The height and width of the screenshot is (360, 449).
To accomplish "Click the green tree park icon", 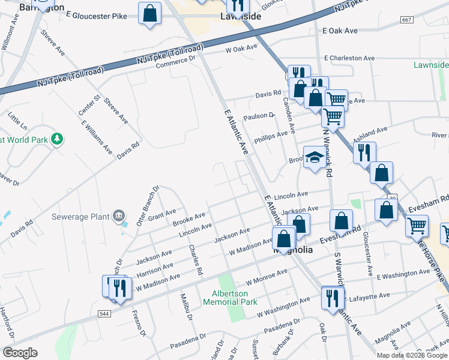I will click(x=57, y=139).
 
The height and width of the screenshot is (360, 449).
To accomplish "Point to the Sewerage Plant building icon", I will click(x=119, y=215).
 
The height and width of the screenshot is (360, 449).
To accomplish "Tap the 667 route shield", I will click(x=407, y=20).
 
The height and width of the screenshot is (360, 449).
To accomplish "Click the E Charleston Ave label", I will click(x=349, y=58).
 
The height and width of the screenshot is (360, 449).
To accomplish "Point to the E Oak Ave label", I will click(x=340, y=31).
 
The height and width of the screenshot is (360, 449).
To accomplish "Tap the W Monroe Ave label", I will click(x=267, y=277).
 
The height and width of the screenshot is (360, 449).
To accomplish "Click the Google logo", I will click(x=20, y=353).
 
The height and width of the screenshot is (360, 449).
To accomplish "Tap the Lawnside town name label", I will click(x=241, y=17).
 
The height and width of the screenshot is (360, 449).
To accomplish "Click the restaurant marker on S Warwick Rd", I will click(x=331, y=298).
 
